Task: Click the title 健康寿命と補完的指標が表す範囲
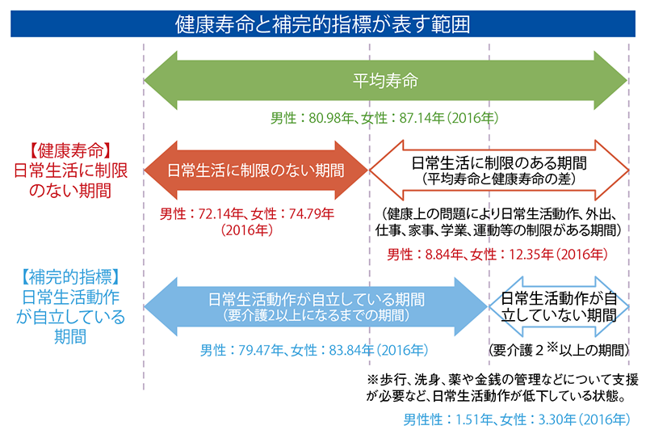tap(322, 24)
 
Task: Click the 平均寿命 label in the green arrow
tap(385, 81)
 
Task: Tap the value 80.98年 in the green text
tap(331, 118)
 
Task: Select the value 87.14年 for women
tap(422, 118)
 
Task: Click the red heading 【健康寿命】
tap(70, 151)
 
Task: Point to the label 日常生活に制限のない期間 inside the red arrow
tap(255, 171)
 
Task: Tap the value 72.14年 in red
tap(220, 214)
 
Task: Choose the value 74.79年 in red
tap(312, 214)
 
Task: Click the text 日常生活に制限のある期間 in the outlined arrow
tap(499, 163)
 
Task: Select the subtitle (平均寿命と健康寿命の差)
tap(499, 179)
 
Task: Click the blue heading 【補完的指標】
tap(70, 277)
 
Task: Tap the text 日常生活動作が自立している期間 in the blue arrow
tap(317, 300)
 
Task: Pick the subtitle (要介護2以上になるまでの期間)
tap(317, 316)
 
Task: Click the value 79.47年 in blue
tap(261, 350)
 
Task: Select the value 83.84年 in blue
tap(351, 350)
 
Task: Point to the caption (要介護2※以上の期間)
tap(559, 350)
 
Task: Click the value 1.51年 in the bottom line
tap(474, 419)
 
